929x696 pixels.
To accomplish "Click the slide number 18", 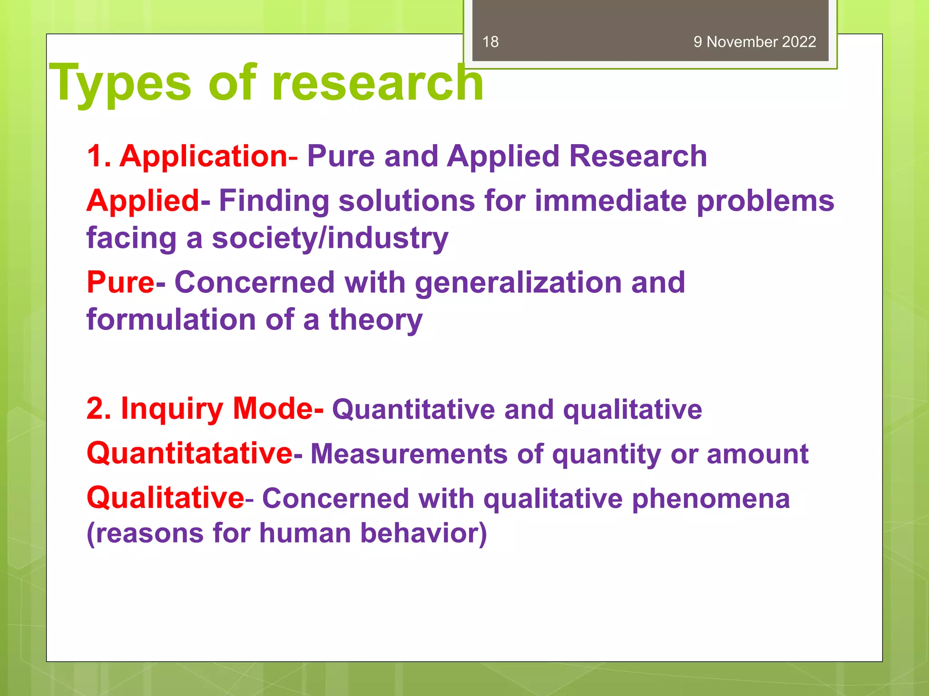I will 490,42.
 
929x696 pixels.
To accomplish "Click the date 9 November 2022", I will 754,42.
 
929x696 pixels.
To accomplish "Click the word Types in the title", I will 120,83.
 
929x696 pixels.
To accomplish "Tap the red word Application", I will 203,156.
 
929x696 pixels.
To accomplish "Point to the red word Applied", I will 143,200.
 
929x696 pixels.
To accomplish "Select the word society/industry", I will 330,238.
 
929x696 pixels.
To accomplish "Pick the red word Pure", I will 121,282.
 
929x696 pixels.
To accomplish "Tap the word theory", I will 376,320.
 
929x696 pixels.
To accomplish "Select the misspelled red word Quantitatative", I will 190,453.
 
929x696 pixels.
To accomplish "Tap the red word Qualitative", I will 166,498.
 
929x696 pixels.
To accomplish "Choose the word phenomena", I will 710,499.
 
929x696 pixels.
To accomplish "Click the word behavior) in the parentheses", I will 423,533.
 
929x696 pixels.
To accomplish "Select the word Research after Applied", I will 638,156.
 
